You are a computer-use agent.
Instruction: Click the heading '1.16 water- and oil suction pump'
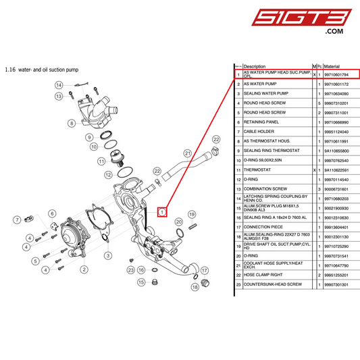click(42, 69)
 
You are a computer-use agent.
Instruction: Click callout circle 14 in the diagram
click(59, 85)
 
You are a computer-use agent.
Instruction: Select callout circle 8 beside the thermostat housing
click(71, 124)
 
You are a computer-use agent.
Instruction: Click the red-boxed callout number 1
click(162, 211)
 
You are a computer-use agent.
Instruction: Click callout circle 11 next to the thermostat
click(101, 161)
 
